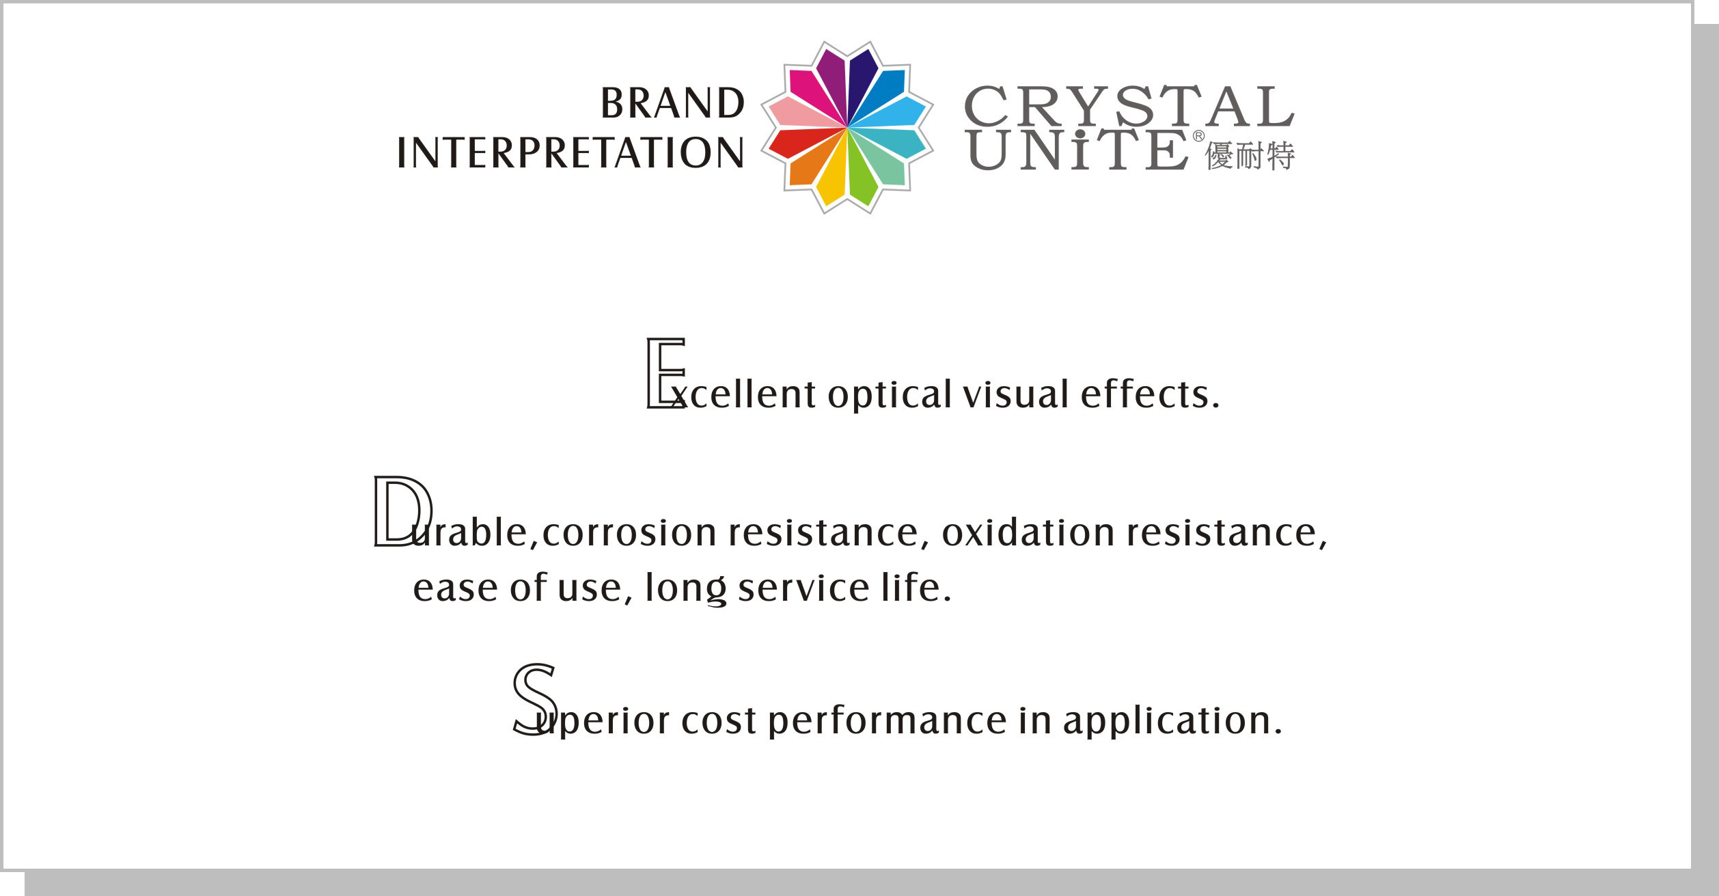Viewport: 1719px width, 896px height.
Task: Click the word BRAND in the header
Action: [672, 103]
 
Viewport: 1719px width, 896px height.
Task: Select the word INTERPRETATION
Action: [570, 152]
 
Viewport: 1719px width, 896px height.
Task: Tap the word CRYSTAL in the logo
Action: [1129, 106]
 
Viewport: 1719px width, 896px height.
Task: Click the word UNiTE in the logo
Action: [1079, 150]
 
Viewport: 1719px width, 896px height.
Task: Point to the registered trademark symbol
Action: [1198, 136]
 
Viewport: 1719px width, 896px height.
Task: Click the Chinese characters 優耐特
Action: [1250, 156]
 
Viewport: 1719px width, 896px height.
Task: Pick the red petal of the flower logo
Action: [802, 142]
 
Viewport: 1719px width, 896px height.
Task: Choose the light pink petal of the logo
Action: [802, 113]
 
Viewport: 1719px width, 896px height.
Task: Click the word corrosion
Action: [629, 532]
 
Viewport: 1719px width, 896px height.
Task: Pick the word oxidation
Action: [1028, 532]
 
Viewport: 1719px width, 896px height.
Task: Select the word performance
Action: [888, 721]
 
